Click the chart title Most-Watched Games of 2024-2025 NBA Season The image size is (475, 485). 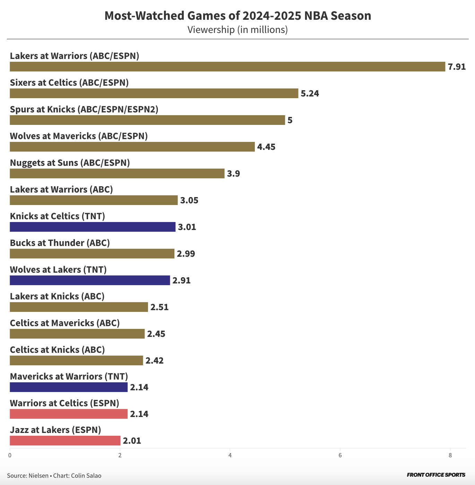click(x=237, y=16)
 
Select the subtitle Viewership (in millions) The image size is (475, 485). click(x=237, y=30)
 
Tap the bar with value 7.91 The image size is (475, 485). click(x=227, y=67)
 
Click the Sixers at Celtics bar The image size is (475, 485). click(x=154, y=93)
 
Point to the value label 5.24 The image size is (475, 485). click(x=310, y=94)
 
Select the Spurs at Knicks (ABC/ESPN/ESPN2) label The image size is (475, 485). click(x=84, y=109)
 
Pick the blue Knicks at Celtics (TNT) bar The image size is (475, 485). click(x=92, y=227)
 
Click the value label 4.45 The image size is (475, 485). click(x=266, y=147)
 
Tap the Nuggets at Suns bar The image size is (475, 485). click(x=117, y=173)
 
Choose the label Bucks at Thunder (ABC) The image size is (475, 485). click(x=60, y=243)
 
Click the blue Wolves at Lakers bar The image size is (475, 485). click(x=89, y=280)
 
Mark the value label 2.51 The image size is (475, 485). click(x=159, y=307)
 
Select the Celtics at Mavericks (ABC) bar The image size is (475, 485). click(x=77, y=334)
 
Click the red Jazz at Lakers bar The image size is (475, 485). click(x=65, y=441)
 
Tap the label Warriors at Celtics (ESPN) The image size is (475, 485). click(x=64, y=403)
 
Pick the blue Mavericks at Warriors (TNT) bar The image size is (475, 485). click(x=68, y=387)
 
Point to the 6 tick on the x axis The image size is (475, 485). click(x=340, y=455)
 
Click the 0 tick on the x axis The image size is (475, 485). click(x=10, y=455)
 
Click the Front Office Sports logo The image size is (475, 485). click(x=436, y=475)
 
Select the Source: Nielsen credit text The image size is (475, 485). click(x=28, y=476)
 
